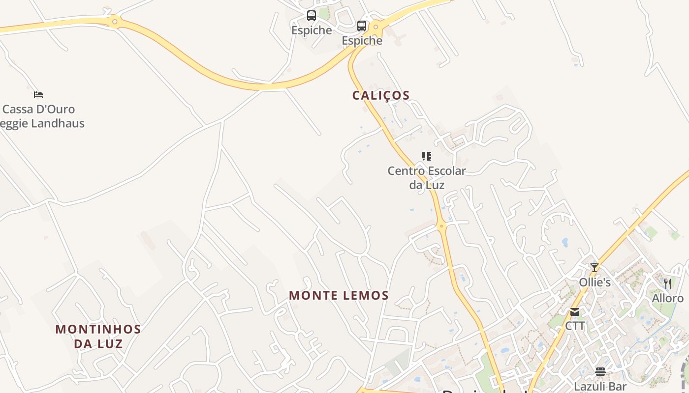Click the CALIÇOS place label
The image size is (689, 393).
[381, 95]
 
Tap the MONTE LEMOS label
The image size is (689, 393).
[339, 295]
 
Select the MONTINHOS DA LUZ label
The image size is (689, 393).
[98, 336]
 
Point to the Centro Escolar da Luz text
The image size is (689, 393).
[427, 178]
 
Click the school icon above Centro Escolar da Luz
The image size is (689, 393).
[427, 156]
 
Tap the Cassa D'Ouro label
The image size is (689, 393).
[39, 109]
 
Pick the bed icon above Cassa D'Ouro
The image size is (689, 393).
[38, 94]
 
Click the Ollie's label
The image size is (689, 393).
[595, 282]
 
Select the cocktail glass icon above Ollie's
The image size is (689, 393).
[595, 268]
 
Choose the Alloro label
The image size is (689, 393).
[668, 298]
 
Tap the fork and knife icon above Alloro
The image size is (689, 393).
[668, 283]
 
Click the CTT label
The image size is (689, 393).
[575, 326]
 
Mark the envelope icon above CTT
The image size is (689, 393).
[575, 312]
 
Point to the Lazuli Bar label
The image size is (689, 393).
[600, 386]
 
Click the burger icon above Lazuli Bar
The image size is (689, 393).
[600, 371]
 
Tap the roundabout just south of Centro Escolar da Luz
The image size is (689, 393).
[441, 226]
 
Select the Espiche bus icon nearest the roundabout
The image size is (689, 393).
[362, 26]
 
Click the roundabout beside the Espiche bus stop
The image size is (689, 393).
[376, 26]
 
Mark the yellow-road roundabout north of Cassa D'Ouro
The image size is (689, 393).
[115, 21]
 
